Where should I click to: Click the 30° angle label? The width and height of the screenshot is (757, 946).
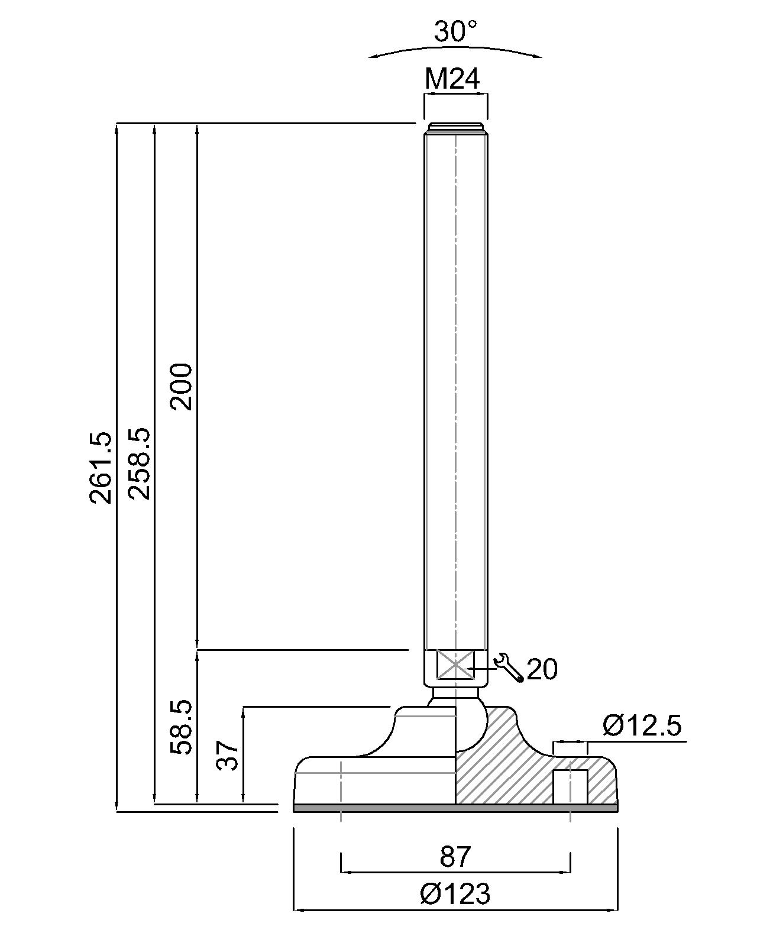455,31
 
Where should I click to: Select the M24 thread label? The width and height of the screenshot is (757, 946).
452,78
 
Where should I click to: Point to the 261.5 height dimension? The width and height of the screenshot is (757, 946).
101,467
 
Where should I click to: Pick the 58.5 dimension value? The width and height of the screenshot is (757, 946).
181,727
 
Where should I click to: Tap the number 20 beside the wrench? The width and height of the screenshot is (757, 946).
542,669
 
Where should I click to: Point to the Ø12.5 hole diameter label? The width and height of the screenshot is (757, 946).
642,725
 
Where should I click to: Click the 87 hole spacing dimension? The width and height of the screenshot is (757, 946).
455,857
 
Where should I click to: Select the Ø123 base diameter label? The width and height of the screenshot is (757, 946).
455,894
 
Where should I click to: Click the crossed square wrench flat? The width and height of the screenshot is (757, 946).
455,666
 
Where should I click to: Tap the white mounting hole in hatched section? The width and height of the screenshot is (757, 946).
570,786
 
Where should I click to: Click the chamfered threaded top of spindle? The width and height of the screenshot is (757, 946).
455,127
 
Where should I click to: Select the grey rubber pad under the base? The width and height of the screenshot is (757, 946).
455,808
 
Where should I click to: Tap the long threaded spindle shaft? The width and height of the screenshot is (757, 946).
455,384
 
